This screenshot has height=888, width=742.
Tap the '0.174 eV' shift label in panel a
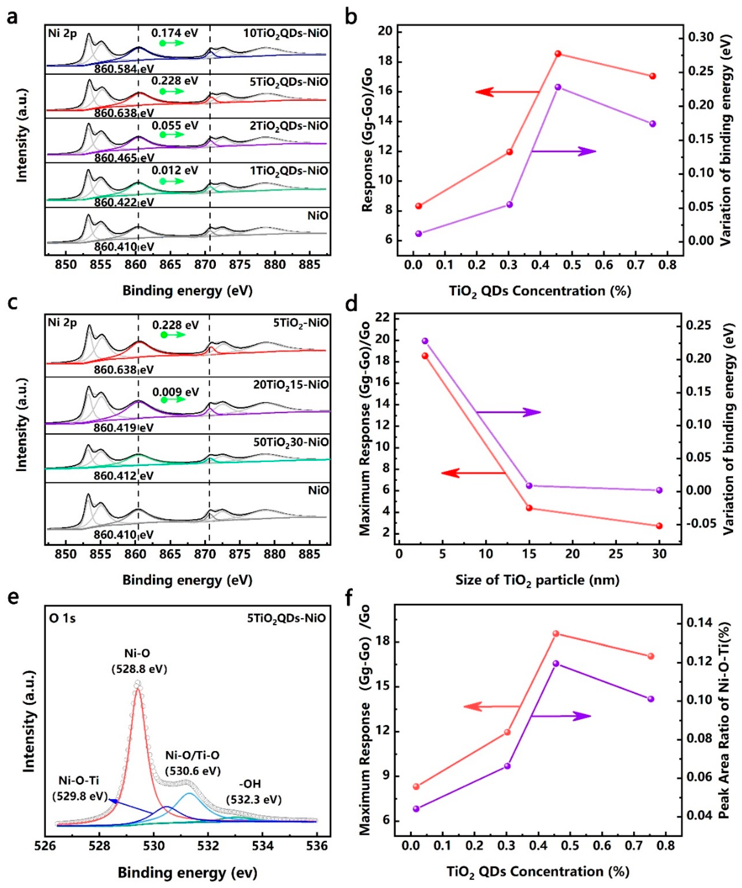[175, 32]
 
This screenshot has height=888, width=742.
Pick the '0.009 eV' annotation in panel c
[176, 392]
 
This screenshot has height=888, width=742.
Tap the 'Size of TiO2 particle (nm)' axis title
[537, 580]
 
